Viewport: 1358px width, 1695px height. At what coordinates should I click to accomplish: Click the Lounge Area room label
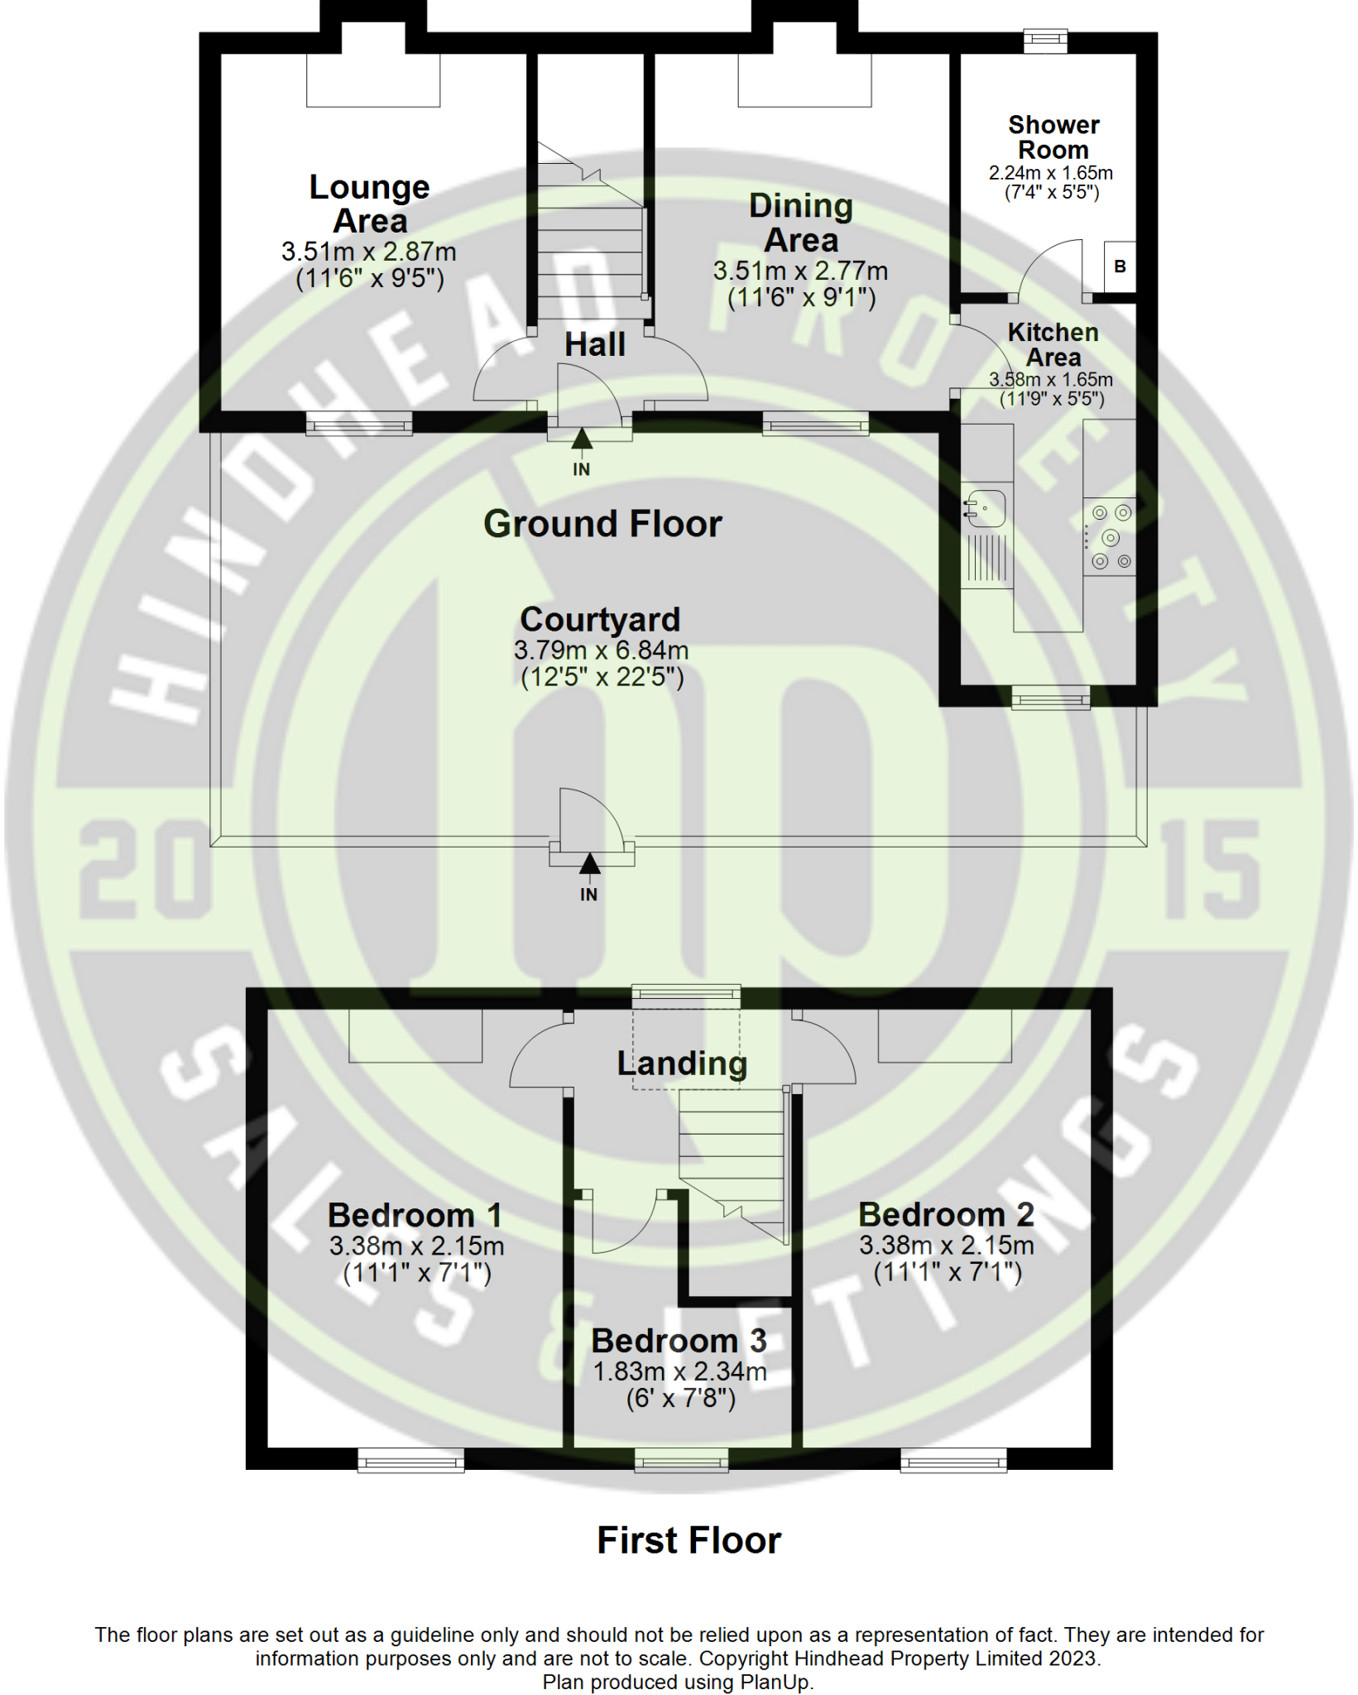click(x=369, y=204)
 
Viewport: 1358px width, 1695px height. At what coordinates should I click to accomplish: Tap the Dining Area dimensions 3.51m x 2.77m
click(x=800, y=271)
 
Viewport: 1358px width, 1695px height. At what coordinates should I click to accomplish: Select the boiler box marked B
click(x=1120, y=266)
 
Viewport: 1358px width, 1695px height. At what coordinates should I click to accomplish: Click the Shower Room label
click(x=1053, y=137)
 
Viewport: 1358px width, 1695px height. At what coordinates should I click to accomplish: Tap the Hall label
click(x=594, y=344)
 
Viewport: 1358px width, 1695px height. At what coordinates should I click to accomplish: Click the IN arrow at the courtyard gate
click(x=589, y=866)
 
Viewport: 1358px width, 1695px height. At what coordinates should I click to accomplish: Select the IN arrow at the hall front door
click(x=582, y=439)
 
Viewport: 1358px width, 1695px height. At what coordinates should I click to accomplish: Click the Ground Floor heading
click(x=602, y=524)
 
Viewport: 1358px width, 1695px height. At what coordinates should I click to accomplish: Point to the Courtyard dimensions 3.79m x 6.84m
click(x=601, y=651)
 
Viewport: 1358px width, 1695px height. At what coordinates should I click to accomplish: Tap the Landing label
click(x=682, y=1064)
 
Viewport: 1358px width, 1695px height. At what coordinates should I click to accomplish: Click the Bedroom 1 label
click(x=415, y=1215)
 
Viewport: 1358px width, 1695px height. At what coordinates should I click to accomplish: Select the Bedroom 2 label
click(x=946, y=1214)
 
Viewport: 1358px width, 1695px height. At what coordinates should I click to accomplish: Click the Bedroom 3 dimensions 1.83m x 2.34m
click(x=679, y=1371)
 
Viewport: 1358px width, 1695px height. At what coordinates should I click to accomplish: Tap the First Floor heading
click(x=689, y=1540)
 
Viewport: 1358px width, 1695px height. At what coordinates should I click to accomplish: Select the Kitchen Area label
click(x=1053, y=344)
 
